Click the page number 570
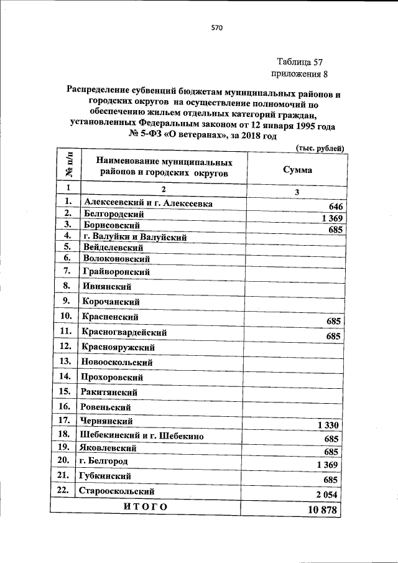(x=216, y=28)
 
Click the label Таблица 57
(x=301, y=62)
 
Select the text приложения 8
(x=300, y=75)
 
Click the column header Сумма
(x=297, y=169)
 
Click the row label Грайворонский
(x=116, y=271)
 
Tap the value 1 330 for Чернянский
(x=328, y=425)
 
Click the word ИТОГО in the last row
(x=146, y=507)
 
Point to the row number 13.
(x=65, y=361)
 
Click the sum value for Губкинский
(x=331, y=480)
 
